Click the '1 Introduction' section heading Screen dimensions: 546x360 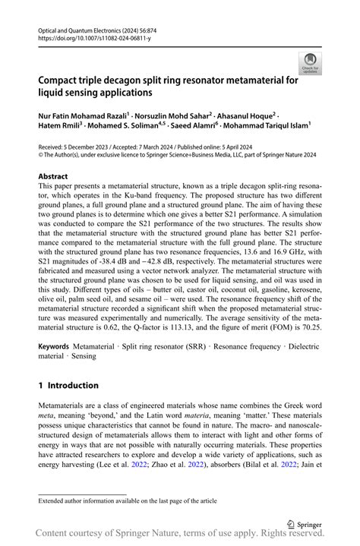68,386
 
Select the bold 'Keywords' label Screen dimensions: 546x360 54,345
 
